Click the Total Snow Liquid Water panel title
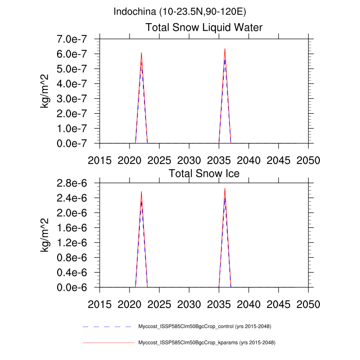[204, 27]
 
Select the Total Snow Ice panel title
[204, 173]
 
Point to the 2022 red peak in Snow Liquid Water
[141, 52]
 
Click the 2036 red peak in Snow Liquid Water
[225, 49]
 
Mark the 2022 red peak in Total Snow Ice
[141, 192]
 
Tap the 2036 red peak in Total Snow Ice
[225, 188]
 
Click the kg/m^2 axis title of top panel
[47, 91]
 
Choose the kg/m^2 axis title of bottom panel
[47, 236]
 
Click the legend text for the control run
[205, 327]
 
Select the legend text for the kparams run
[205, 342]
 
